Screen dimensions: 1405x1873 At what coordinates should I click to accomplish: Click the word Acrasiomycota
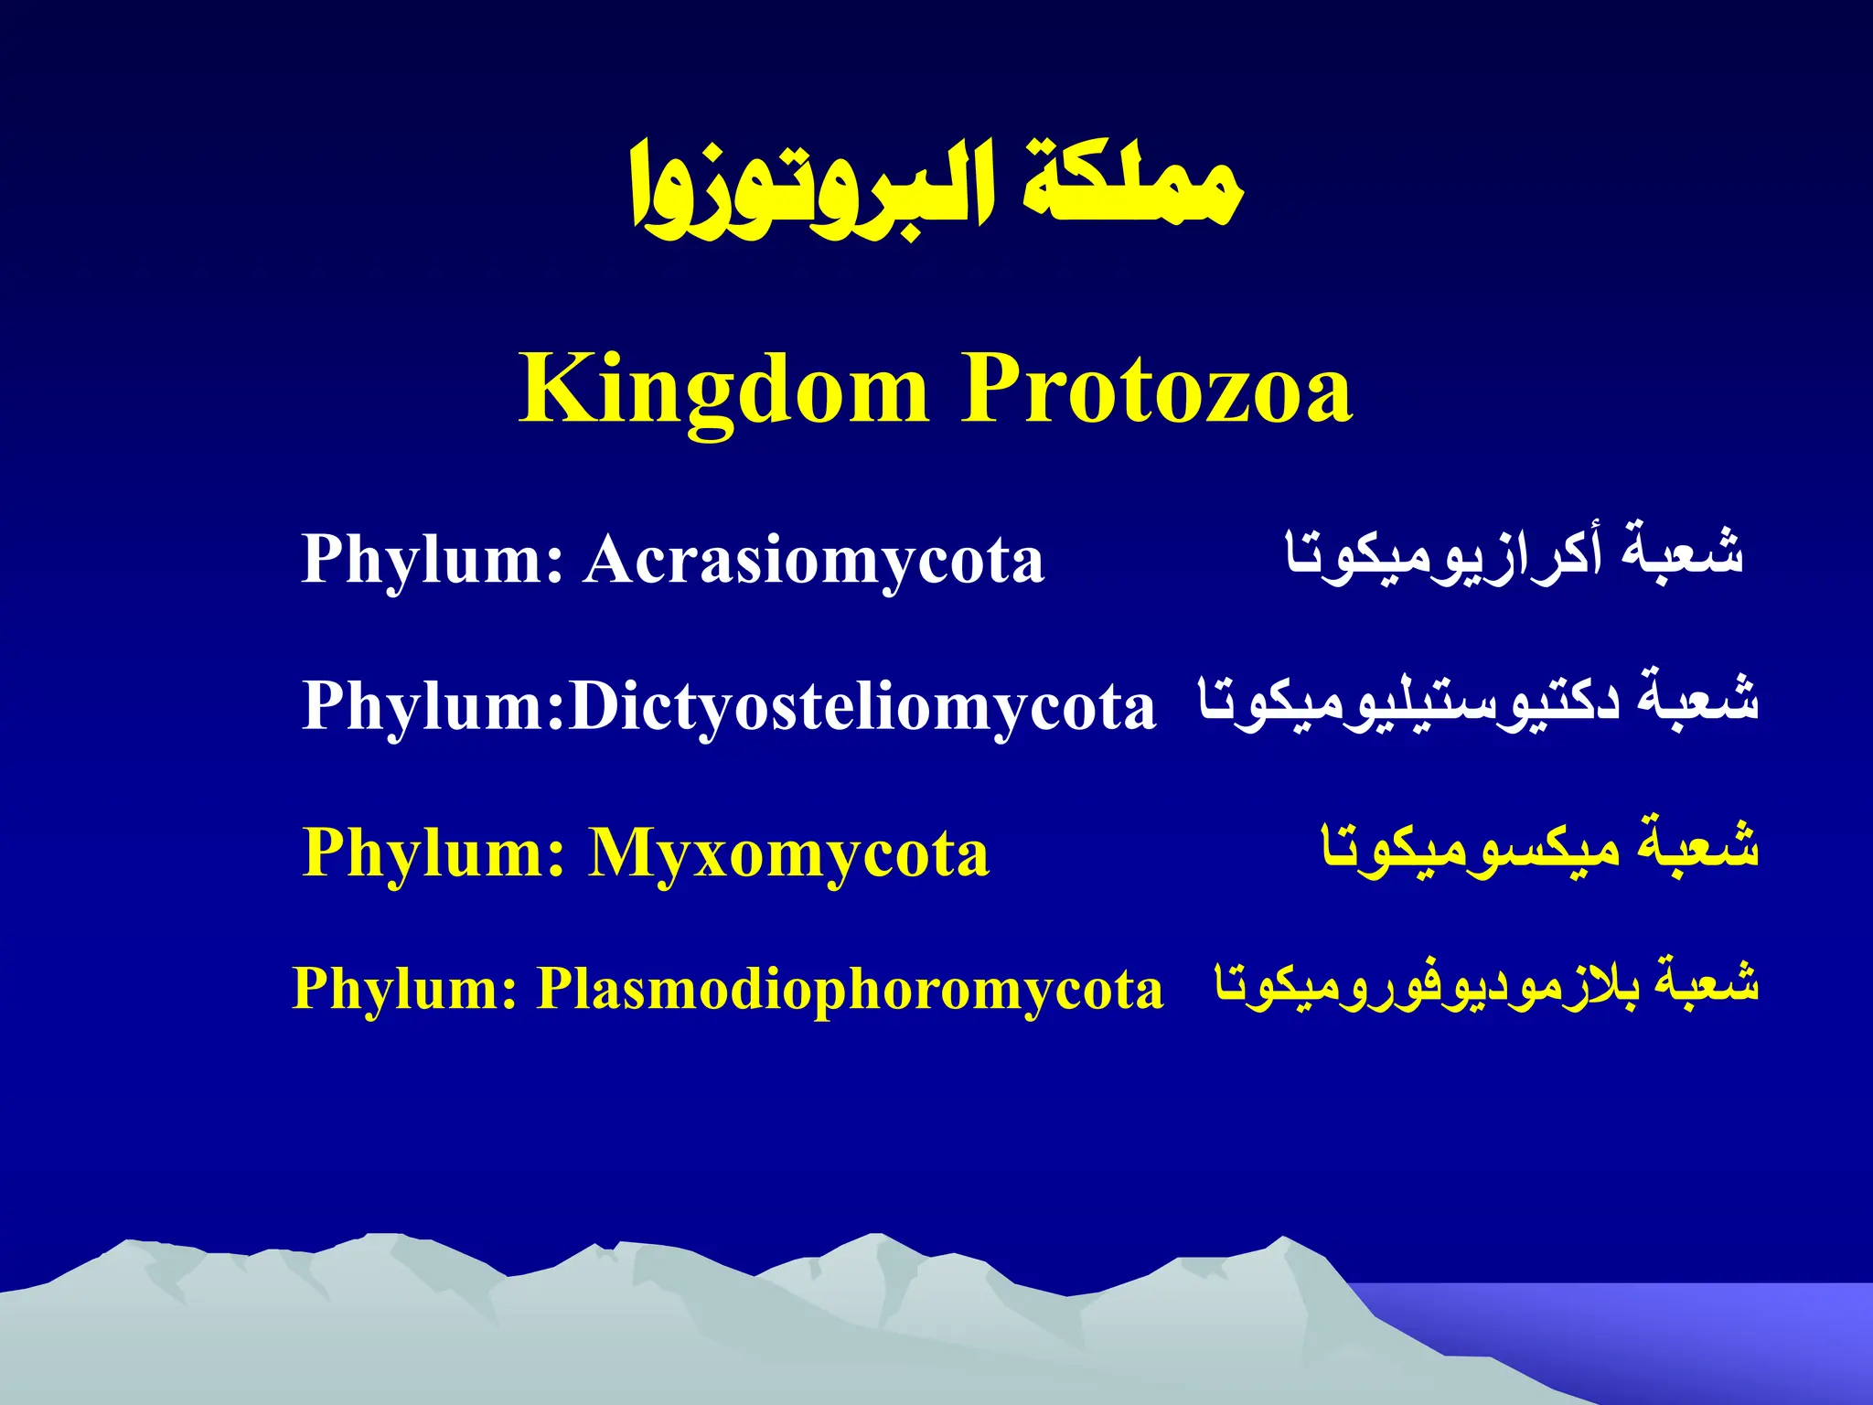814,559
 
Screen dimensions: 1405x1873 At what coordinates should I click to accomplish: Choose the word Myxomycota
788,853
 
